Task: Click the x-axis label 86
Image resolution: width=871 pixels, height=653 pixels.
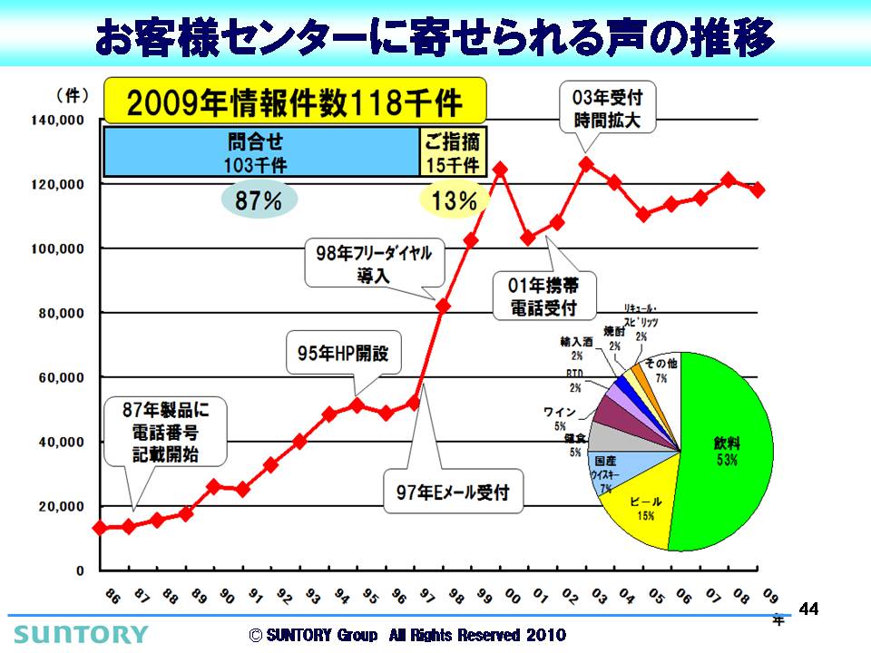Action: coord(112,597)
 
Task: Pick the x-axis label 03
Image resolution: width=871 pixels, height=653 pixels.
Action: coord(600,597)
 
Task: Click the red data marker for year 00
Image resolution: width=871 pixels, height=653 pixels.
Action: coord(500,170)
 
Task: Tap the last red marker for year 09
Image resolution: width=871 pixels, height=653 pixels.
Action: coord(758,190)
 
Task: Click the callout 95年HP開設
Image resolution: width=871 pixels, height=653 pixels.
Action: coord(343,354)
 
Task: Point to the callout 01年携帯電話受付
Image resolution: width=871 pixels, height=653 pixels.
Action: coord(543,296)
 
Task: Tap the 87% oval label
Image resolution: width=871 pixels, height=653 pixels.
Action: coord(259,201)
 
